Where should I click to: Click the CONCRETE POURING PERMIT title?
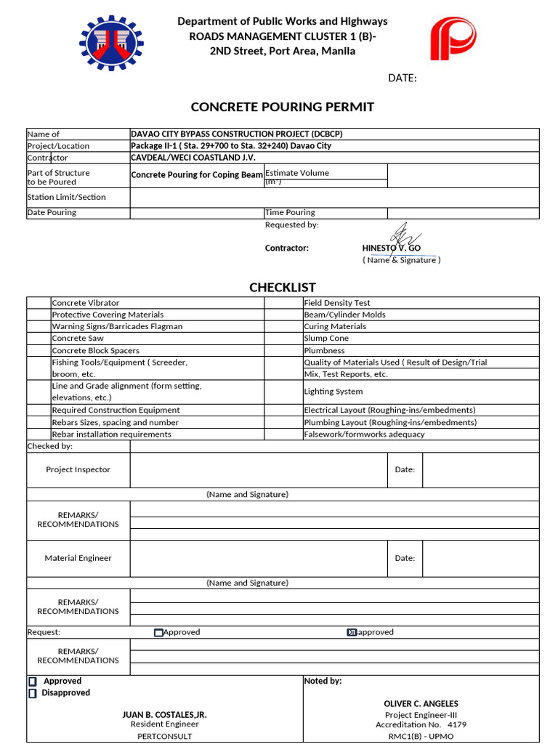[x=282, y=107]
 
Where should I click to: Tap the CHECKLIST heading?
[x=283, y=287]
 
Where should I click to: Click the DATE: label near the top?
[x=402, y=78]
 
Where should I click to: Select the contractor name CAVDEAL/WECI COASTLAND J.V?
[x=193, y=158]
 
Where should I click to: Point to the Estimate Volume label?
[x=297, y=173]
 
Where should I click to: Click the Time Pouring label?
[x=290, y=212]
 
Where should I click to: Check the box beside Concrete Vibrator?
[x=39, y=302]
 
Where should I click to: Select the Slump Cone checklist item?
[x=326, y=338]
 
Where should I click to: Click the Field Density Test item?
[x=337, y=302]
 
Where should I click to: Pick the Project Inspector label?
[x=78, y=469]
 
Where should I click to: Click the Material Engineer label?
[x=78, y=558]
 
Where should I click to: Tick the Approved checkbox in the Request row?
[x=159, y=633]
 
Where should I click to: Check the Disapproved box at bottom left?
[x=32, y=694]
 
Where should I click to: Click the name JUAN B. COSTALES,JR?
[x=164, y=715]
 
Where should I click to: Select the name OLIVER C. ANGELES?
[x=421, y=703]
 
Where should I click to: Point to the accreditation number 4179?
[x=457, y=724]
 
